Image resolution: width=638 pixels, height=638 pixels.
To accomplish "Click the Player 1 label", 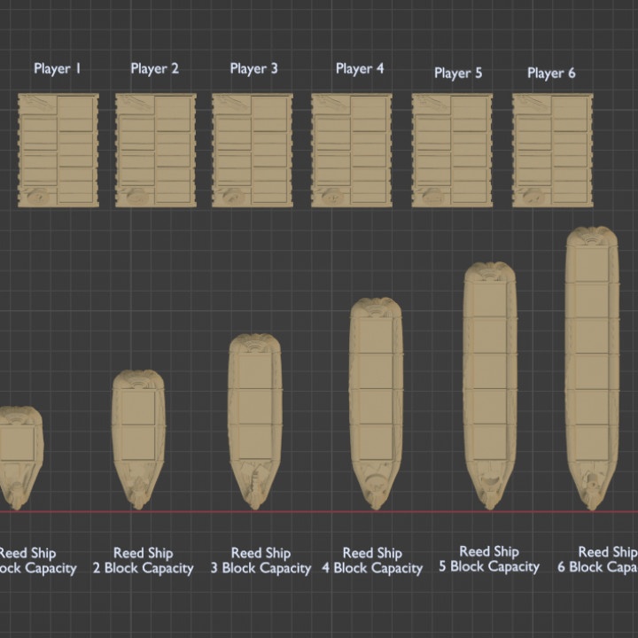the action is point(58,68).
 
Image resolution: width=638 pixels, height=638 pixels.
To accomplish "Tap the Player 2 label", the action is point(155,68).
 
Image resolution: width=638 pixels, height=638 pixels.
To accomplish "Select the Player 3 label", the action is point(254,68).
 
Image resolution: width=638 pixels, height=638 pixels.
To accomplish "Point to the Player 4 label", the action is point(360,68).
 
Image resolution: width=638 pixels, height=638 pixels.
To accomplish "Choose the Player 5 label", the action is point(458,73).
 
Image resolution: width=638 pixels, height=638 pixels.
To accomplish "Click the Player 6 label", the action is point(551,73).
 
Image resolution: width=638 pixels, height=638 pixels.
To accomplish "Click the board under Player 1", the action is point(58,151).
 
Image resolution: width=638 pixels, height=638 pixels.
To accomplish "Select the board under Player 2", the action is point(155,151).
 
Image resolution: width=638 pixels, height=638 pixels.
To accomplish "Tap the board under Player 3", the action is point(253,151).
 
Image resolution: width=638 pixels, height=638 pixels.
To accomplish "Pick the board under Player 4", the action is point(351,151).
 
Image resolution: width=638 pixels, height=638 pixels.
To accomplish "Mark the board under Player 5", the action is point(451,151).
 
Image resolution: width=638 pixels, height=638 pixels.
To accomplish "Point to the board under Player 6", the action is point(552,151).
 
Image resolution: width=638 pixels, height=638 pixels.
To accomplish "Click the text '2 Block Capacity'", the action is point(144,569).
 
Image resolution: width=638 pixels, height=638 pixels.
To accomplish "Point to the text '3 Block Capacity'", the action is point(261,569).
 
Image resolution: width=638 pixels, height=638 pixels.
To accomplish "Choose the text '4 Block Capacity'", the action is point(372,569).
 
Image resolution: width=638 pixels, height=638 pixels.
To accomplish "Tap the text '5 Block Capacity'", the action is point(489,567).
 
